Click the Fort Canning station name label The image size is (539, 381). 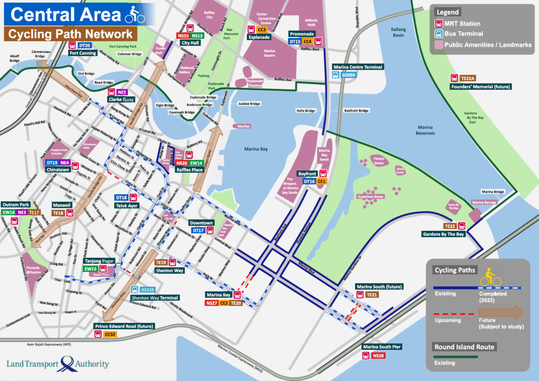pos(83,53)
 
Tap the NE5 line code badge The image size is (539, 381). pos(122,92)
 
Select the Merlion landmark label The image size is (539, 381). pos(243,126)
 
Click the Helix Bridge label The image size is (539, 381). pos(305,111)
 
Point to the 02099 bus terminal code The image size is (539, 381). pos(348,75)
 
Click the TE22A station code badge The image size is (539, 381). pos(467,78)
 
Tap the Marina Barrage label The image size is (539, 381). pos(484,203)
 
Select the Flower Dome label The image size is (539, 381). pos(379,161)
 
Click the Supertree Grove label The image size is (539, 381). pos(370,197)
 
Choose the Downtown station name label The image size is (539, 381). pos(201,223)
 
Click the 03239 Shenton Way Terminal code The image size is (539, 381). pos(147,290)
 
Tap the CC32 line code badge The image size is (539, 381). pos(110,334)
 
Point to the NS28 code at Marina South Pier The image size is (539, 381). pos(378,356)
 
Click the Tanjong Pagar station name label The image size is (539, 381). pos(99,261)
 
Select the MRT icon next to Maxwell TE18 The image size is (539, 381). pos(70,213)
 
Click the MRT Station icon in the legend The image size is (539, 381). pos(438,24)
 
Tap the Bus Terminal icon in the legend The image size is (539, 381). pos(438,34)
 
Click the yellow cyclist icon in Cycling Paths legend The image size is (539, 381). pos(490,277)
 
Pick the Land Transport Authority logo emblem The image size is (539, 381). pos(67,364)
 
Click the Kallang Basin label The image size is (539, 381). pos(398,32)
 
